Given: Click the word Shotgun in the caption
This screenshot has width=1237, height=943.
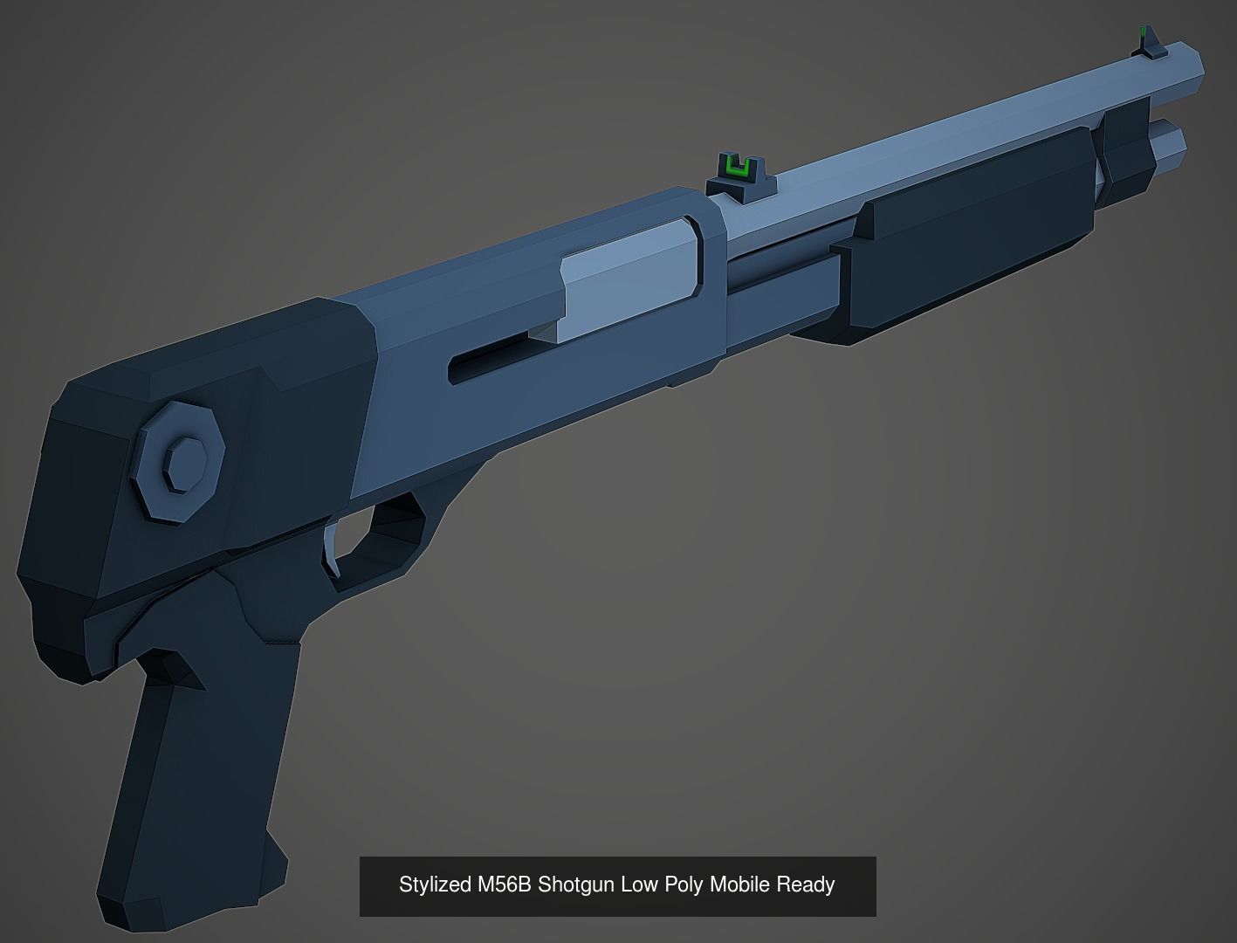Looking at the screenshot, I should [x=576, y=884].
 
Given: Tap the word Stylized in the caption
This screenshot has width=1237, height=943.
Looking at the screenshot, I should [x=435, y=884].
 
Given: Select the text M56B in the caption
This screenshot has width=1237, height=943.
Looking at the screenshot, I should [x=504, y=884].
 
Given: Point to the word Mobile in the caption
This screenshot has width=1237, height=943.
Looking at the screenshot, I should [x=739, y=884].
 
